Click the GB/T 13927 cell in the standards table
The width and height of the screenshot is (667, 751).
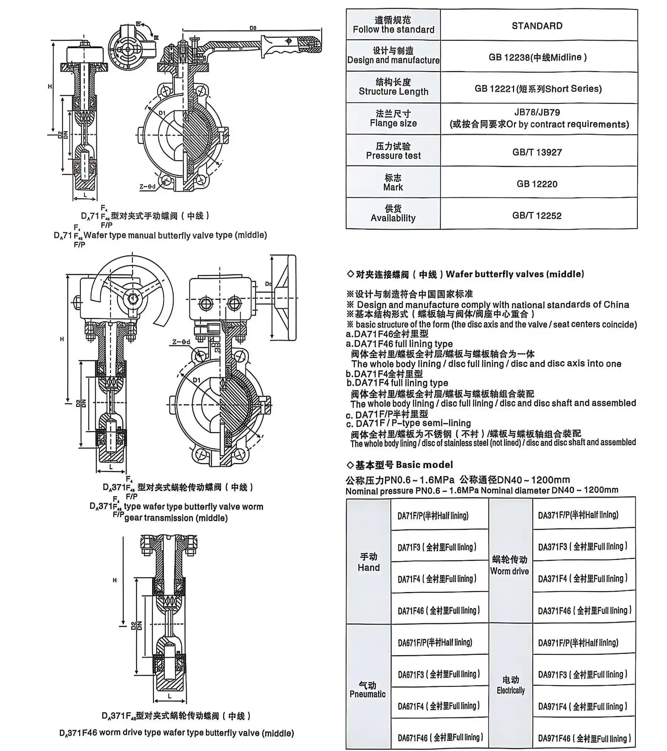coord(537,152)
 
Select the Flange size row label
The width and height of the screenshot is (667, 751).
coord(393,118)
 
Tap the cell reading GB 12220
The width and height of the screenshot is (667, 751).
coord(537,184)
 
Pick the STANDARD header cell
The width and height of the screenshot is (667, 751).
coord(537,26)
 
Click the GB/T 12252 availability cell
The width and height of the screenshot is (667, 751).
coord(537,215)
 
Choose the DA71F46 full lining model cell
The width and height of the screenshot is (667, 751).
coord(439,610)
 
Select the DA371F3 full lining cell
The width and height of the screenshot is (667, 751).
coord(583,546)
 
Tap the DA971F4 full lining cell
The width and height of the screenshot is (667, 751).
coord(583,706)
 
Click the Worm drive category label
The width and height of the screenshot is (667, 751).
coord(509,565)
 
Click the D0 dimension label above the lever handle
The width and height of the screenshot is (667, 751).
coord(253,28)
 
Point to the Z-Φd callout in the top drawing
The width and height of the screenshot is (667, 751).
coord(147,187)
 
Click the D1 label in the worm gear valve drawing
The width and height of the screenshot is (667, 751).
coord(197,380)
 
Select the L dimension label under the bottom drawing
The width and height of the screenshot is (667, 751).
coord(170,696)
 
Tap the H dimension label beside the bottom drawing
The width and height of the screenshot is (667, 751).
coord(115,580)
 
